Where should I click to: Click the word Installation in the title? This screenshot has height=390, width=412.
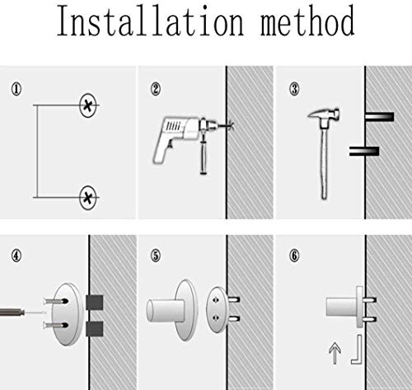pos(151,21)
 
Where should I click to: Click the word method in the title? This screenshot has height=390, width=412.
pos(307,21)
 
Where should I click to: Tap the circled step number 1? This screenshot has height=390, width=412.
pos(16,89)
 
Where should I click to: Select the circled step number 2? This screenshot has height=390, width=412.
pos(156,89)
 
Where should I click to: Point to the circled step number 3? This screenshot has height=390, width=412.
pos(294,89)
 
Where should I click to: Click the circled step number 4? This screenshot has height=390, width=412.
pos(16,256)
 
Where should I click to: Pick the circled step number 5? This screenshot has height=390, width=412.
pos(156,256)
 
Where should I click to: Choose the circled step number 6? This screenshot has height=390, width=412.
pos(294,256)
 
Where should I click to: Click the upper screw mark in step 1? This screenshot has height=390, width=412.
pos(88,106)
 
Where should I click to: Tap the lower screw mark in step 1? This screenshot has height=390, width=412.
pos(88,197)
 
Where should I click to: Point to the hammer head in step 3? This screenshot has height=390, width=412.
pos(324,115)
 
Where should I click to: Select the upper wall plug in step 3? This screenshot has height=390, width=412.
pos(379,116)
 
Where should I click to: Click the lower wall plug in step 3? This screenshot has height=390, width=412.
pos(364,151)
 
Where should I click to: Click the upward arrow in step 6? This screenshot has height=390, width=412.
pos(335,353)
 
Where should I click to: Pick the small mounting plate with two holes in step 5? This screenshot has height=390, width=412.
pos(217,309)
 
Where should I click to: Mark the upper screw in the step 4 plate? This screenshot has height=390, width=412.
pos(56,301)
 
